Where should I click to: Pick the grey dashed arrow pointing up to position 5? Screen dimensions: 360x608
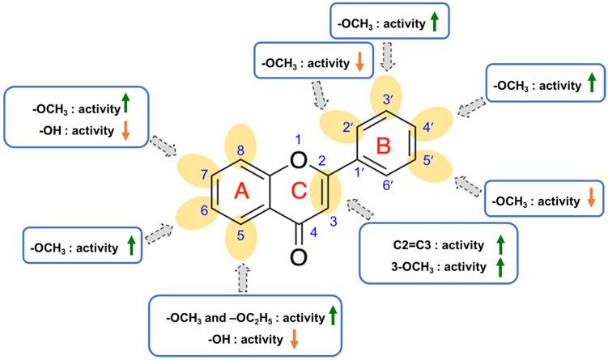pos(240,278)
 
